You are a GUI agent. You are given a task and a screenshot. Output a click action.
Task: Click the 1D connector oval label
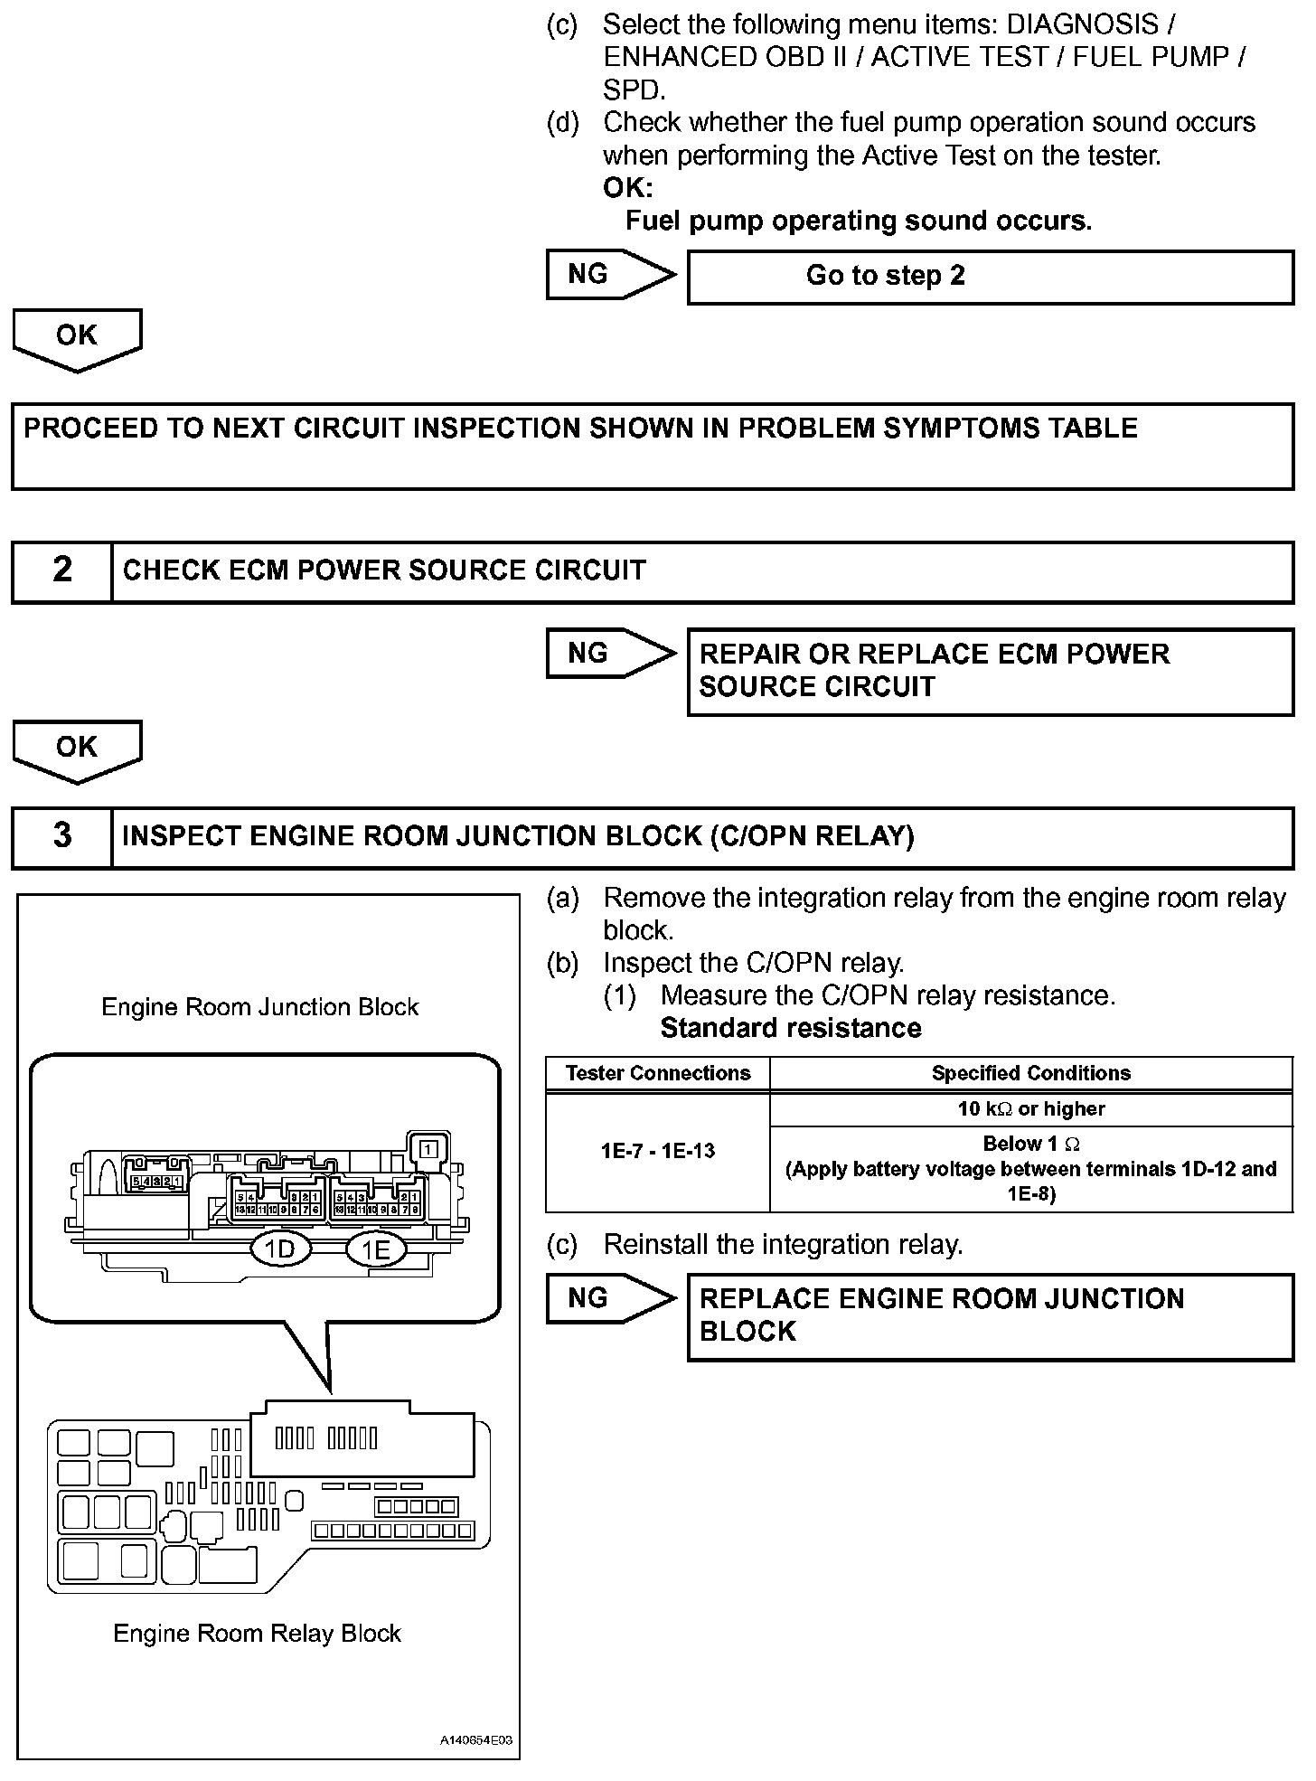coord(280,1249)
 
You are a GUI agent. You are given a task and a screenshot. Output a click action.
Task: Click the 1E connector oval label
coord(376,1249)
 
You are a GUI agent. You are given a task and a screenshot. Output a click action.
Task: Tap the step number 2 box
coord(62,570)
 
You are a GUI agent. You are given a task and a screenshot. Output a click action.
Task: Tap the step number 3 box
coord(62,835)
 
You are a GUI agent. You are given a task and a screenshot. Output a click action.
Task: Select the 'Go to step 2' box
coord(990,277)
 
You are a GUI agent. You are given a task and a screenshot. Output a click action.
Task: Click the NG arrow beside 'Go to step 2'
coord(610,275)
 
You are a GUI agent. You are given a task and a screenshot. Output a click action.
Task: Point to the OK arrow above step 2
coord(77,339)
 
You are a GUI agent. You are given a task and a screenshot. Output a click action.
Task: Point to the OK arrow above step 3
coord(77,750)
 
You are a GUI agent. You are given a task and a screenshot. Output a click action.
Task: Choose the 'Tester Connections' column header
coord(658,1073)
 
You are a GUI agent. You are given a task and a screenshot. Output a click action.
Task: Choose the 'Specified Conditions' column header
coord(1031,1073)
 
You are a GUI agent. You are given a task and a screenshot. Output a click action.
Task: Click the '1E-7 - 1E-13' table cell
coord(658,1151)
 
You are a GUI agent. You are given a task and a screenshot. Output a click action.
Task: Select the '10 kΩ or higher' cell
coord(1031,1109)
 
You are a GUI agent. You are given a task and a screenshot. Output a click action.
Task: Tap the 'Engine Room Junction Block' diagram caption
coord(260,1007)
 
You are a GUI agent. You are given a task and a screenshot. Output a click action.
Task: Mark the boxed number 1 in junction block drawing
coord(429,1149)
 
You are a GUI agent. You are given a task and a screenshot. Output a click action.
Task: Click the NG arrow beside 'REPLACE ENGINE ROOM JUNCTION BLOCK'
coord(610,1299)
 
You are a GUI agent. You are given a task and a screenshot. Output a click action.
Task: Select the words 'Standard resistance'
coord(791,1028)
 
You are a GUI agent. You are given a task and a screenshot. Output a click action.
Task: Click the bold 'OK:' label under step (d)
coord(627,188)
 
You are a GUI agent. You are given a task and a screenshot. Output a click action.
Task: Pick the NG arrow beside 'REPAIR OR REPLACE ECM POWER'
coord(610,654)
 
